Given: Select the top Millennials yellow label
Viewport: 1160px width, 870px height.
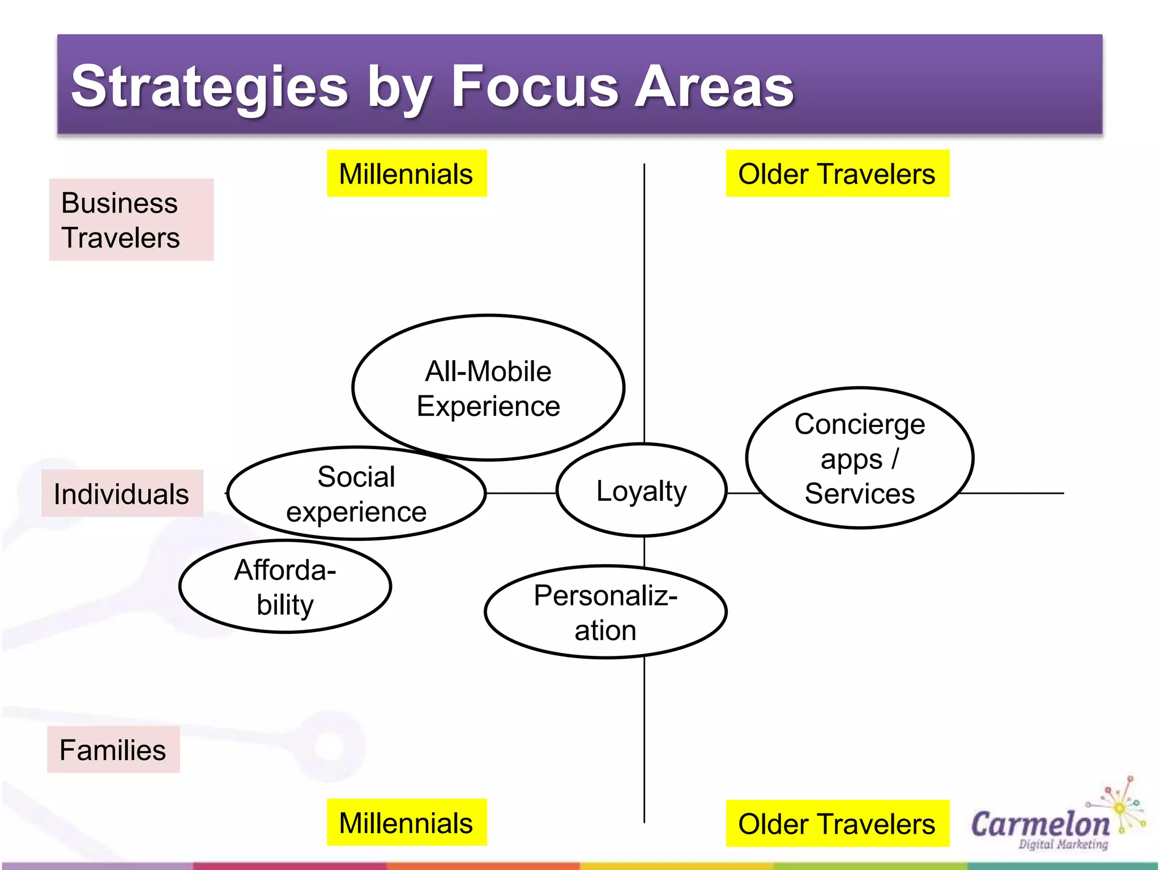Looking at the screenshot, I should click(406, 173).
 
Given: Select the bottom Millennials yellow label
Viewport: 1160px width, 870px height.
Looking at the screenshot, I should click(406, 822).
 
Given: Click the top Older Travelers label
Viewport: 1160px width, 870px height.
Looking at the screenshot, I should click(837, 173).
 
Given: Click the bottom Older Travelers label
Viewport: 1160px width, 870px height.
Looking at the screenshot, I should click(837, 824).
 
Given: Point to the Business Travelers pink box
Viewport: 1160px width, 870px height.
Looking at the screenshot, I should click(131, 220).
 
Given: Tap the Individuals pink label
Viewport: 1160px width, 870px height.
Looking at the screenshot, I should click(122, 493).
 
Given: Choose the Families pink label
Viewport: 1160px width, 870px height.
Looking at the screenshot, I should click(113, 749).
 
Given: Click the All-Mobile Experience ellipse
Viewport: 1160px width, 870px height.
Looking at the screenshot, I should click(488, 388).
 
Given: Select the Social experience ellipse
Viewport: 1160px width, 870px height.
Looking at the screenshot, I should click(356, 493).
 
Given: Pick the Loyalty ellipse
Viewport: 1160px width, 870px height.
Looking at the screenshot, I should click(641, 491).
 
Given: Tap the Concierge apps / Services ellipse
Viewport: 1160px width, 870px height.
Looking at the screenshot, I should click(859, 458).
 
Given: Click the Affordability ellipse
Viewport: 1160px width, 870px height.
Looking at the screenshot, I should click(285, 587).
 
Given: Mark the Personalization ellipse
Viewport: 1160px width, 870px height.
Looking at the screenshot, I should click(605, 612).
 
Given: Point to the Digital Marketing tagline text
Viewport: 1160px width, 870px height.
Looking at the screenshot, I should click(1063, 845).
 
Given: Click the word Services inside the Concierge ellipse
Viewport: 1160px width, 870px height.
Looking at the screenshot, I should click(859, 493).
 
